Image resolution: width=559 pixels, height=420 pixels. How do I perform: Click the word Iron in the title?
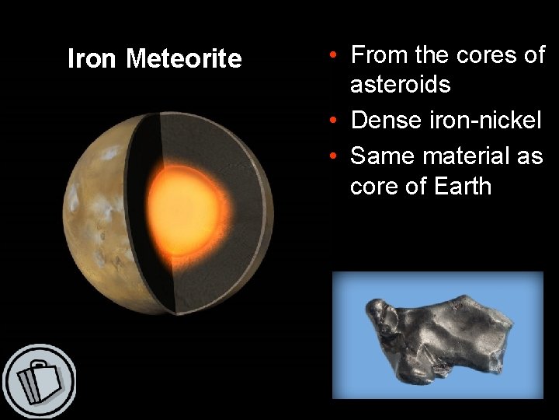pyautogui.click(x=93, y=59)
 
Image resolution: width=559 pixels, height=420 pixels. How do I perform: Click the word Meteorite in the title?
pyautogui.click(x=184, y=59)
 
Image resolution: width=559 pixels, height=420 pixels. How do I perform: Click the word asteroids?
pyautogui.click(x=400, y=84)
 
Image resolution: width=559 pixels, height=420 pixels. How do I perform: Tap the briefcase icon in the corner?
pyautogui.click(x=38, y=381)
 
